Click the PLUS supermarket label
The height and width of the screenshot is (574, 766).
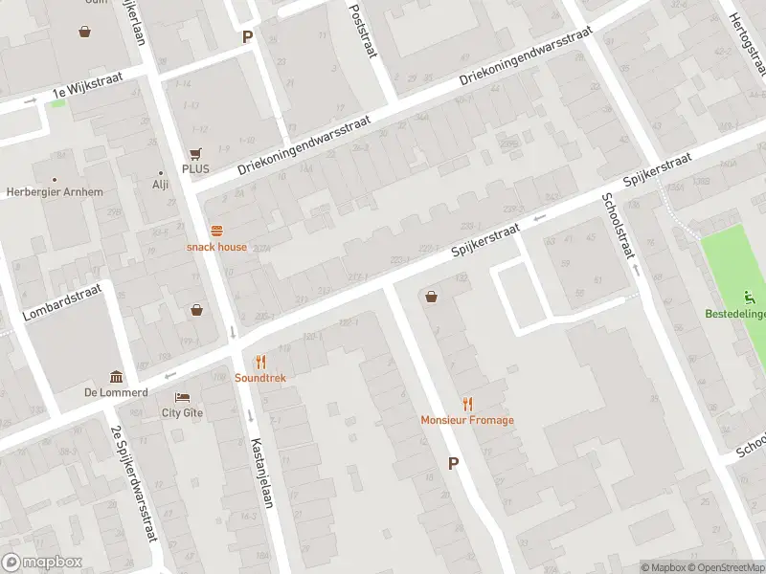click(x=195, y=169)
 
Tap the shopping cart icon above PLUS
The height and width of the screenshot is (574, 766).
click(x=196, y=153)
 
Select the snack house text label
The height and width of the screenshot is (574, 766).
click(x=216, y=247)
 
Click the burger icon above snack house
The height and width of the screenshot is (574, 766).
click(x=217, y=231)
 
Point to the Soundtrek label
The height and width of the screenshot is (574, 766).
click(x=260, y=378)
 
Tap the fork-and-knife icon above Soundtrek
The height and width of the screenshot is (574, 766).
click(x=260, y=362)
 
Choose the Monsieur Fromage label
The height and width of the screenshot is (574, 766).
click(x=467, y=420)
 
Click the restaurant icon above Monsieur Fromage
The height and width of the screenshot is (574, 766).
click(x=467, y=404)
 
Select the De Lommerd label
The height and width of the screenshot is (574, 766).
click(x=115, y=392)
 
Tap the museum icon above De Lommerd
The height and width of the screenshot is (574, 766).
click(x=116, y=376)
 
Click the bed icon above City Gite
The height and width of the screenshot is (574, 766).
click(x=182, y=397)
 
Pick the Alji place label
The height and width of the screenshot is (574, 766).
click(x=160, y=186)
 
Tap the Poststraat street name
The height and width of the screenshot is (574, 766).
click(x=362, y=29)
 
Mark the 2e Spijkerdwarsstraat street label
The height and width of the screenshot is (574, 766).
click(x=134, y=483)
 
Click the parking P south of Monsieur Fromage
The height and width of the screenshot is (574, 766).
click(x=453, y=463)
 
